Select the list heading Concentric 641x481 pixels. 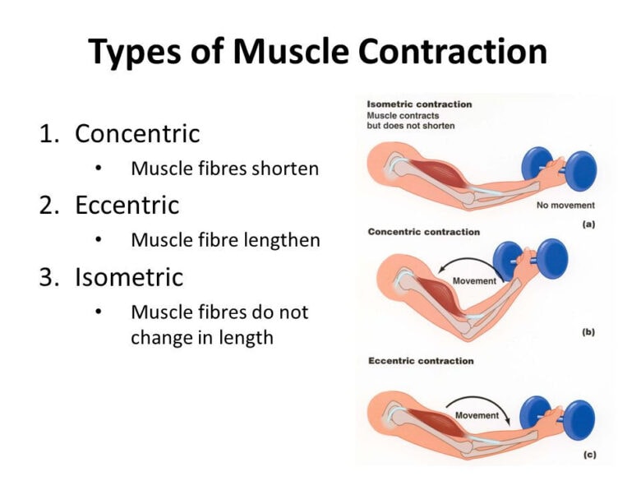[137, 133]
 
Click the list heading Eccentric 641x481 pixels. [127, 205]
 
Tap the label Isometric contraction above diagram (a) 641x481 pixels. [419, 104]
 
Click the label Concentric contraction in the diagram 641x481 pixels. [424, 232]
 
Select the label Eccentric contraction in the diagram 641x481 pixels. [421, 361]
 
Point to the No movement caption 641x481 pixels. [565, 205]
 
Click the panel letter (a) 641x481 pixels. [588, 224]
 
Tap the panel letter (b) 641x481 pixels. [588, 332]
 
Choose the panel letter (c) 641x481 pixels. [588, 454]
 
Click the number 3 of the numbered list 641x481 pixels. [48, 277]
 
